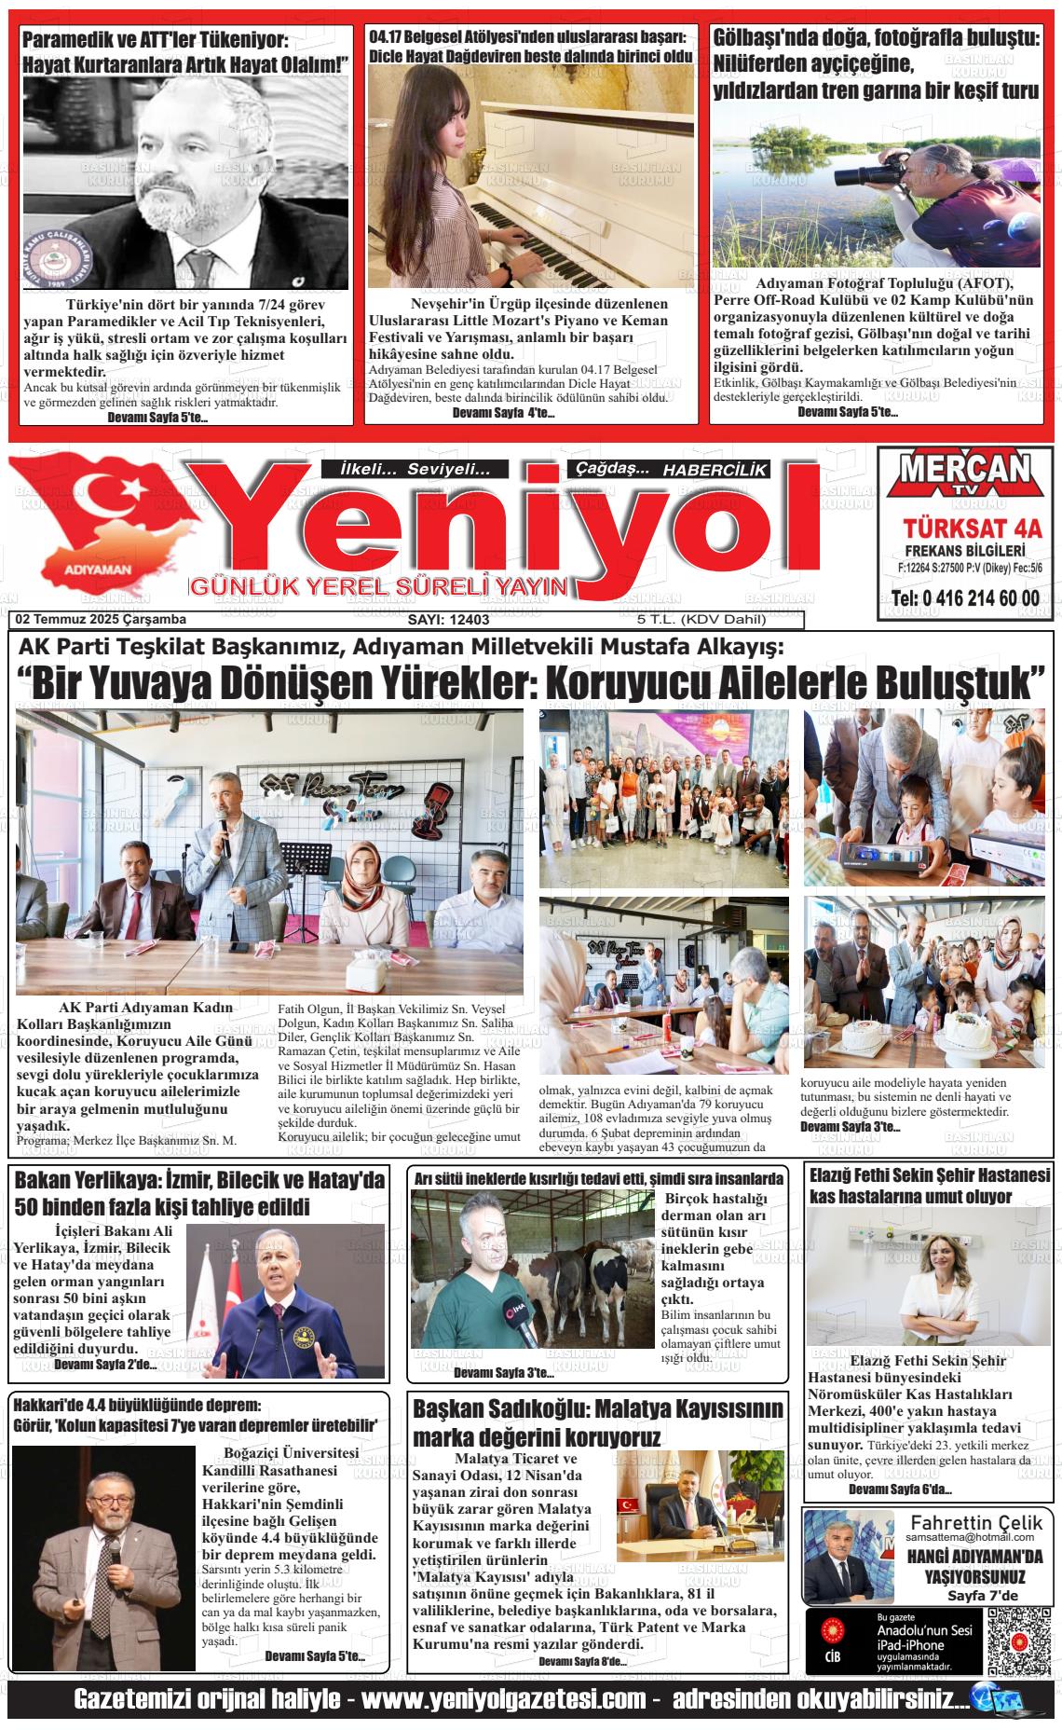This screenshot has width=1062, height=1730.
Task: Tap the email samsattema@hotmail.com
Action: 972,1536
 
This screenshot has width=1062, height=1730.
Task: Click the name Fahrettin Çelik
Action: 972,1521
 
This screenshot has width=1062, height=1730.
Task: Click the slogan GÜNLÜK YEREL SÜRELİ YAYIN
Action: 378,587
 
